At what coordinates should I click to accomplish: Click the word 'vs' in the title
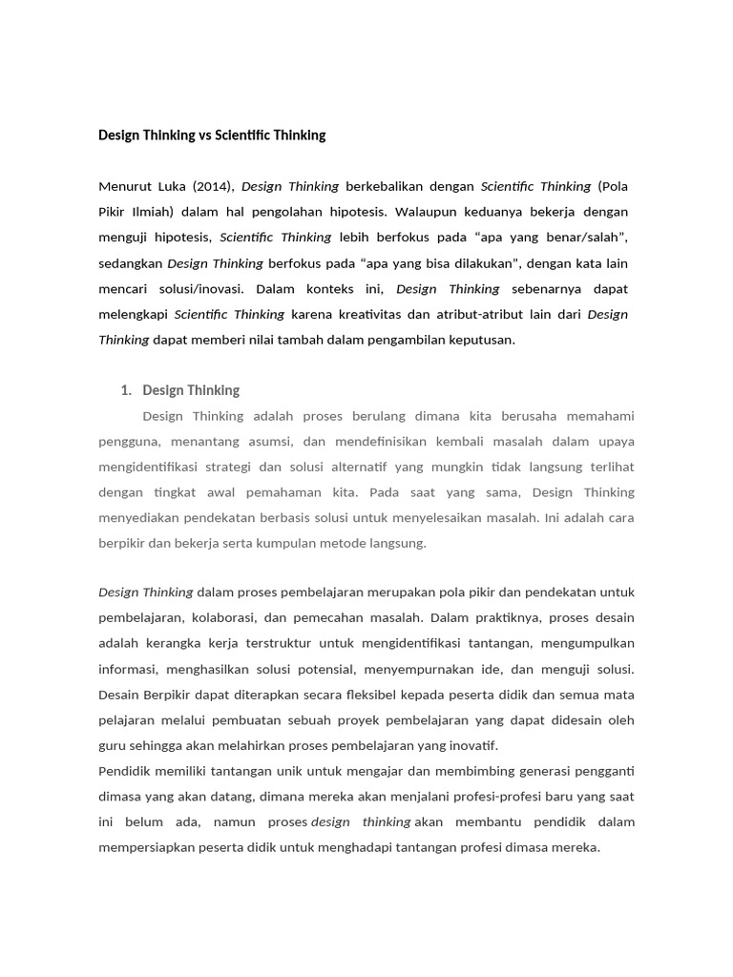(206, 135)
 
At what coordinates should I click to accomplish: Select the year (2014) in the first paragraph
(212, 186)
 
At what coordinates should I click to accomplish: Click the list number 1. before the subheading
(125, 390)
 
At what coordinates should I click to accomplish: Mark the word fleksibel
(402, 695)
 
